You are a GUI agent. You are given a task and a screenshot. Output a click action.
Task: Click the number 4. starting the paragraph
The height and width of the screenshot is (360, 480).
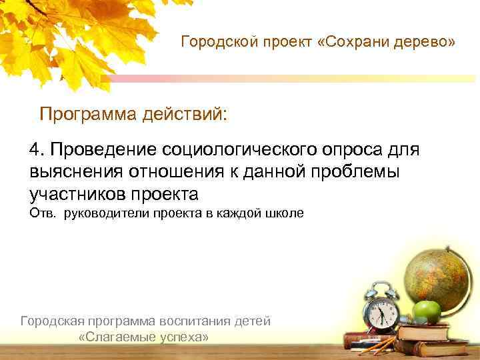pos(37,148)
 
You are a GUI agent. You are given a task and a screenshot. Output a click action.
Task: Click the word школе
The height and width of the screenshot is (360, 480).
pos(287,213)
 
